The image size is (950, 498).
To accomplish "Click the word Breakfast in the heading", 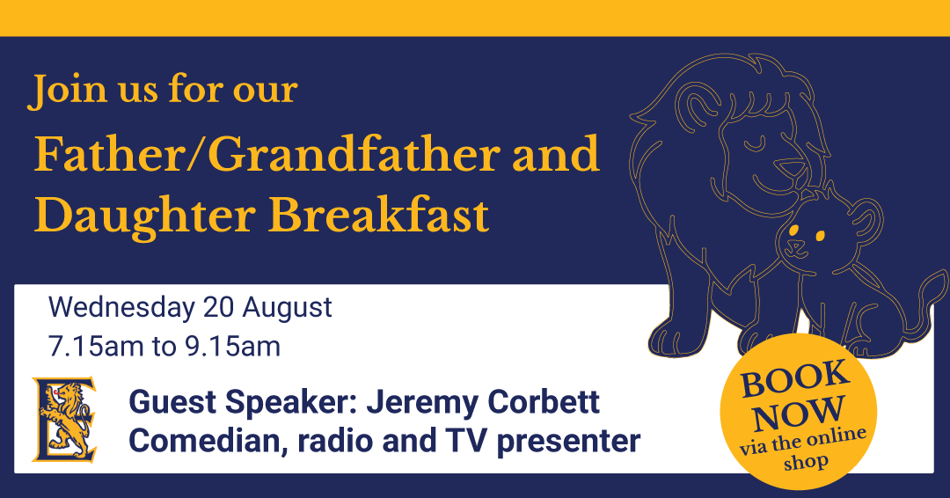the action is tap(378, 216).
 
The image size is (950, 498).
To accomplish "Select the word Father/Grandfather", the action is tap(267, 154).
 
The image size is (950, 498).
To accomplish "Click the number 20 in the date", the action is tap(219, 307).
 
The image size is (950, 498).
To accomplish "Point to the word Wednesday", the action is tap(122, 307).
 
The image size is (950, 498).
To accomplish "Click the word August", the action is tap(287, 309).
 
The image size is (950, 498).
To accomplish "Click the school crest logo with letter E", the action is tap(65, 419).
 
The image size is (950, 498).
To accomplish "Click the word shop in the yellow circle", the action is tap(806, 463).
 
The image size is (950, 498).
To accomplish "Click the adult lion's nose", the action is tap(793, 168).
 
